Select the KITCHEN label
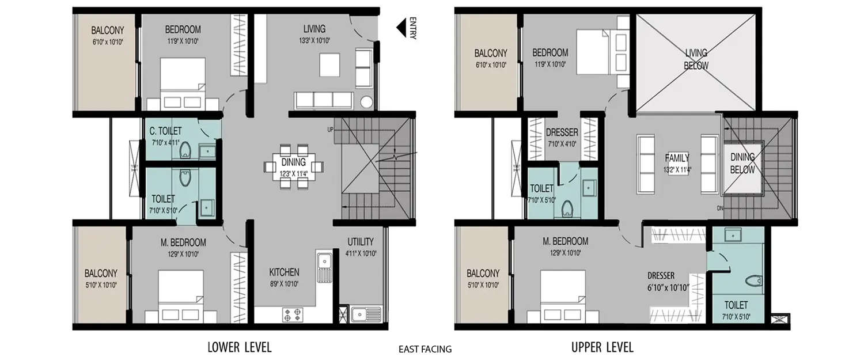(x=284, y=272)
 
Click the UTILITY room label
(x=361, y=241)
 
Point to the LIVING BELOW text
(x=696, y=59)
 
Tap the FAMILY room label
(x=677, y=158)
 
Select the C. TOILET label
(x=166, y=131)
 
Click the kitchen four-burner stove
(x=291, y=315)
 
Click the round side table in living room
(x=366, y=103)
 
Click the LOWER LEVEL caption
(x=239, y=347)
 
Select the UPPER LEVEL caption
(x=602, y=347)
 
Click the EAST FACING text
(x=425, y=348)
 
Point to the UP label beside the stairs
(x=330, y=130)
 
